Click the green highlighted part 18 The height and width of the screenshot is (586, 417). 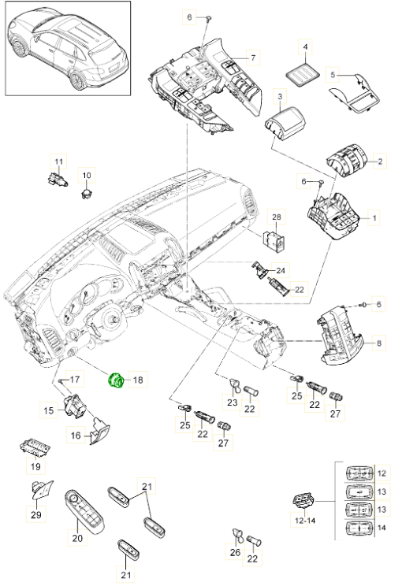[x=117, y=380]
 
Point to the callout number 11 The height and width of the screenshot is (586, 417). [x=57, y=161]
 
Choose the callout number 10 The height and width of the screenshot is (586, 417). [x=87, y=175]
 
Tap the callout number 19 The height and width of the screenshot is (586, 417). [x=35, y=467]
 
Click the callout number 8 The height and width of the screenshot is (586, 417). [x=380, y=343]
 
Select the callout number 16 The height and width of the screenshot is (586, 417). [x=76, y=434]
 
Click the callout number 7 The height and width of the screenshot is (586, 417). [x=254, y=58]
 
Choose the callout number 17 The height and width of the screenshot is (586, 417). [x=76, y=380]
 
